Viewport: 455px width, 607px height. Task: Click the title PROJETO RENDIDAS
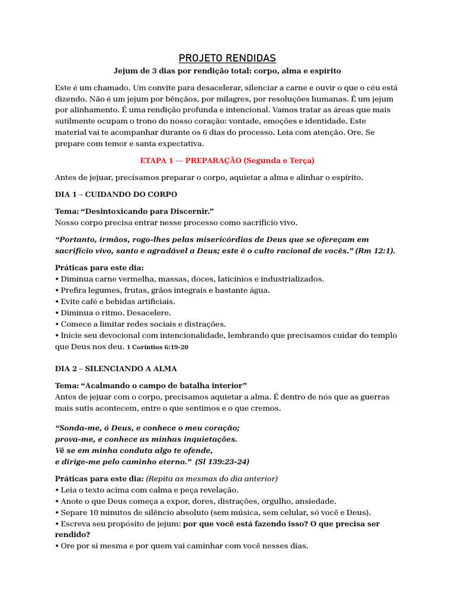(x=227, y=58)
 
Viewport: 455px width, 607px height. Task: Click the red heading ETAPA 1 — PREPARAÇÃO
(x=227, y=160)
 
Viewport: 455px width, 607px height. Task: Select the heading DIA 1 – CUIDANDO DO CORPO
(x=116, y=194)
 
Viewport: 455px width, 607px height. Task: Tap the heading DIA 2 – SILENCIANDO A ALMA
(x=116, y=368)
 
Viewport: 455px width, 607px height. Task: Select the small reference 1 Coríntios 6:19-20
(x=158, y=347)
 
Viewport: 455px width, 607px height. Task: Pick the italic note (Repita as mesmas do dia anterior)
(x=212, y=478)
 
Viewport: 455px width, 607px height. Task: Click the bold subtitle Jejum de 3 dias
(x=227, y=71)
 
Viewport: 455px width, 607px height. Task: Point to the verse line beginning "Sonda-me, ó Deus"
(x=147, y=427)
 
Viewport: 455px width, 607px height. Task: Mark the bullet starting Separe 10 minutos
(x=215, y=512)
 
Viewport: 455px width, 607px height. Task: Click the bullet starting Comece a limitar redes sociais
(x=142, y=324)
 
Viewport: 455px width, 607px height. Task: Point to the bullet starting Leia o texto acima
(x=148, y=490)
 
